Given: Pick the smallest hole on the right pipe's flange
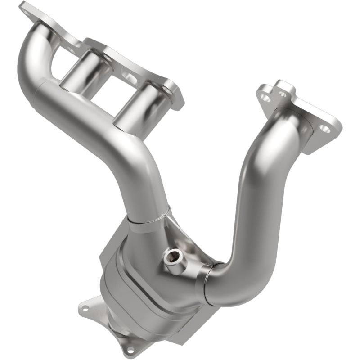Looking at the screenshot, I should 282,94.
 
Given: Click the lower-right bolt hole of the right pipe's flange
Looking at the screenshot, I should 325,129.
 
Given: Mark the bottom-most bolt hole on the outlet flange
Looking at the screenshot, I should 130,349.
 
